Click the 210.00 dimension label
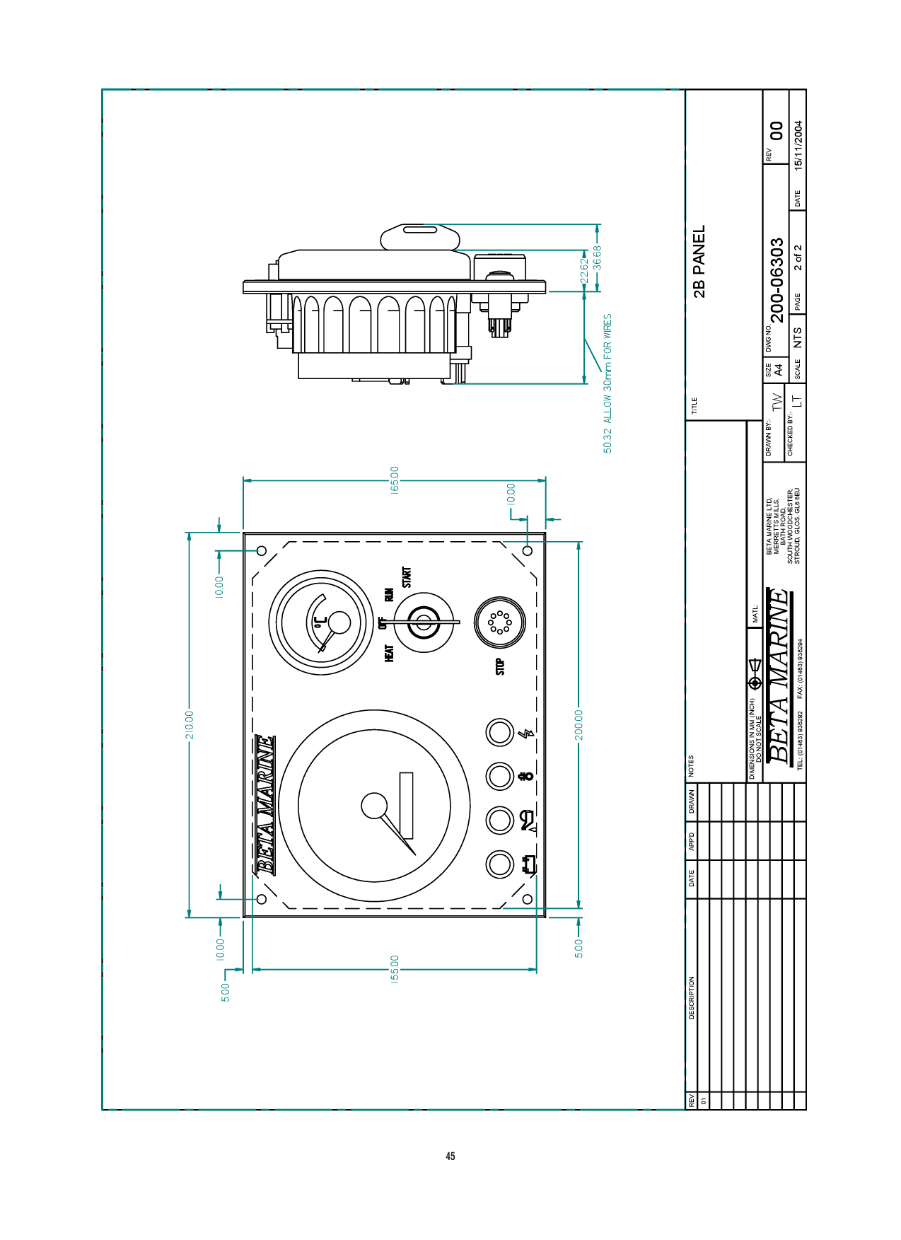(x=189, y=725)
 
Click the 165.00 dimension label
(x=395, y=480)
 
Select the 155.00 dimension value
(x=395, y=969)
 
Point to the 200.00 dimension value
(x=579, y=725)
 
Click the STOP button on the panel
(x=499, y=622)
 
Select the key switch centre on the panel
(x=423, y=622)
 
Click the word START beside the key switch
(x=407, y=577)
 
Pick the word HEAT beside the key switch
(x=389, y=653)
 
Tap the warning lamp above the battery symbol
(x=499, y=864)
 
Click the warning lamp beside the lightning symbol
(x=499, y=732)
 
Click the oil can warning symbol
(x=528, y=821)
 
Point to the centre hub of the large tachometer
(x=374, y=806)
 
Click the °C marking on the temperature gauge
(x=320, y=622)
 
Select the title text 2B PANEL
(x=699, y=261)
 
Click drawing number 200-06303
(x=777, y=280)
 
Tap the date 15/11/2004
(x=798, y=146)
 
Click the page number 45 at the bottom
(x=450, y=1157)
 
